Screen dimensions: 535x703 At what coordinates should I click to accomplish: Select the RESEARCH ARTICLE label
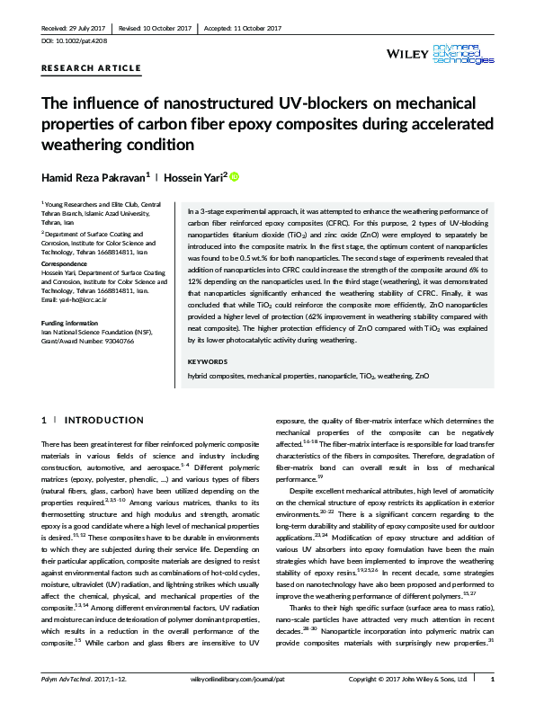92,68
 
